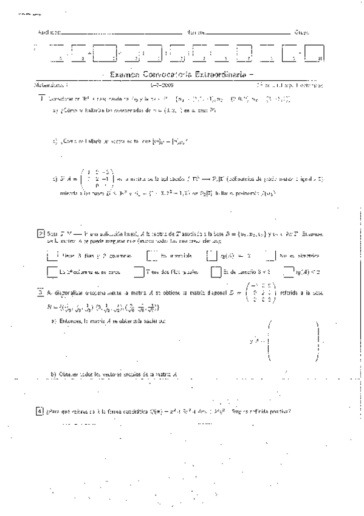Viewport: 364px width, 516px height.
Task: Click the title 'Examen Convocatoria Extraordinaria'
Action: pyautogui.click(x=180, y=74)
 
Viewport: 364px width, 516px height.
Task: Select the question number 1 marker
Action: pyautogui.click(x=41, y=98)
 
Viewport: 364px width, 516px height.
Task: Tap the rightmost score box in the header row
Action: pyautogui.click(x=315, y=52)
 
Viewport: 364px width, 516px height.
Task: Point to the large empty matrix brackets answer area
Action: pyautogui.click(x=292, y=343)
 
